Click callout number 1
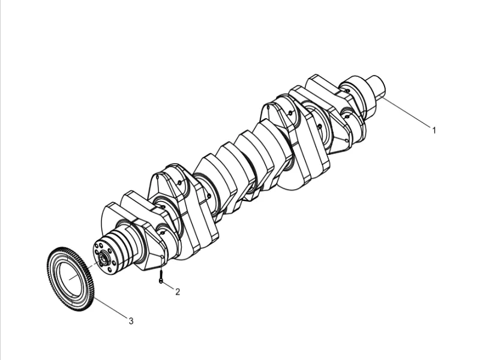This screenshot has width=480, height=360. click(434, 129)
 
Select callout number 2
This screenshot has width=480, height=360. click(178, 292)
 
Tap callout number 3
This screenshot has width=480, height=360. click(131, 321)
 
